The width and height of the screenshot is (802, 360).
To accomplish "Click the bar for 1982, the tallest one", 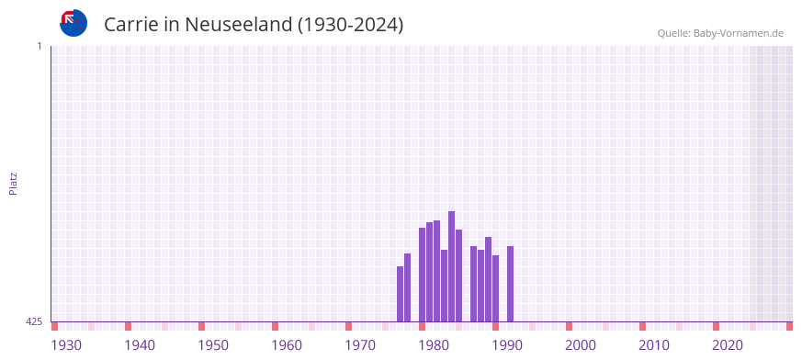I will point(452,266).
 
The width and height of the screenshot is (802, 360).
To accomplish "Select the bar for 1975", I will point(401,294).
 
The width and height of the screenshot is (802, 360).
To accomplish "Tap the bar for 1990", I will point(511,284).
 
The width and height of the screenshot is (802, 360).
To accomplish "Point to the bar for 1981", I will point(445,286).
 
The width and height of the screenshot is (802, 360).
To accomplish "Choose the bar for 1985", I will point(474,284).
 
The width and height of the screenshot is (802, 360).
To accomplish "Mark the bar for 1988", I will point(496,288).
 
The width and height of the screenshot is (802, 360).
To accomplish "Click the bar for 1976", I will point(408,287).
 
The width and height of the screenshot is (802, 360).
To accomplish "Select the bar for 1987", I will point(489,279).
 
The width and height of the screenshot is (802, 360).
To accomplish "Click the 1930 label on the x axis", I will point(66,345).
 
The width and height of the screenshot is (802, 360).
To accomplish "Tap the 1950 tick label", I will point(213,345).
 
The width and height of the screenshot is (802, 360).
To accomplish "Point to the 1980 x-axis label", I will point(434,345).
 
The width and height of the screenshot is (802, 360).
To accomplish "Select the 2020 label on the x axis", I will point(728,345).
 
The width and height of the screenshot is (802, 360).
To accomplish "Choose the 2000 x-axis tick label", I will point(581,345).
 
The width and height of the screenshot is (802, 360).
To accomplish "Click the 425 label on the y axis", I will point(34,321).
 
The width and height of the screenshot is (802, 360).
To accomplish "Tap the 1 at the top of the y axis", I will point(39,46).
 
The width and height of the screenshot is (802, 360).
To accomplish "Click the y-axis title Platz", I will point(13,183).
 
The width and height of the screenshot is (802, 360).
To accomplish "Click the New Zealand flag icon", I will point(73,23).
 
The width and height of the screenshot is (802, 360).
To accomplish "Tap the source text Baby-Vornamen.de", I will point(739,33).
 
